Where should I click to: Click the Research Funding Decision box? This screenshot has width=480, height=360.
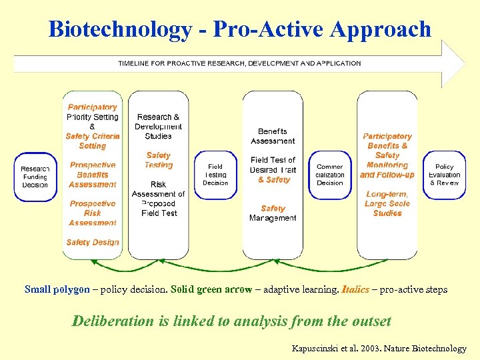(35, 177)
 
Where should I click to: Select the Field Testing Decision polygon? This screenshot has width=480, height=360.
(215, 175)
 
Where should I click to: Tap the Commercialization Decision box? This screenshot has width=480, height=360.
(330, 175)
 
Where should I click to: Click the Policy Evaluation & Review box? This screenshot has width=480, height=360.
(445, 175)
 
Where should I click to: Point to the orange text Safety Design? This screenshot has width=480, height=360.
(93, 243)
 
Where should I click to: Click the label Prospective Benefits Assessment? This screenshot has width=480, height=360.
(93, 175)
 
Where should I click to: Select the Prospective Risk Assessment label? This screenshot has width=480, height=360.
(93, 213)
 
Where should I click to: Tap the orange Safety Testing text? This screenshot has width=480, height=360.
(159, 160)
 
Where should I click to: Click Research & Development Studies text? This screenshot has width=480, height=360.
(159, 127)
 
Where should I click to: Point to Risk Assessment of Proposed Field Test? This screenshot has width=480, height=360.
(159, 199)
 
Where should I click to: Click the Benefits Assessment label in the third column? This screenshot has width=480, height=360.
(273, 136)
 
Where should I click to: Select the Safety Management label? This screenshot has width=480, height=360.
(273, 213)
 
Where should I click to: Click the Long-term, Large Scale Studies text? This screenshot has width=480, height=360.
(387, 204)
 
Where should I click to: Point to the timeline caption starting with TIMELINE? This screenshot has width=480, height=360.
(239, 63)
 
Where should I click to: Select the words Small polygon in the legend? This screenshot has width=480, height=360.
(57, 290)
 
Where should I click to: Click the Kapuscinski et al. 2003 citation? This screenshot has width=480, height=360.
(379, 348)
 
